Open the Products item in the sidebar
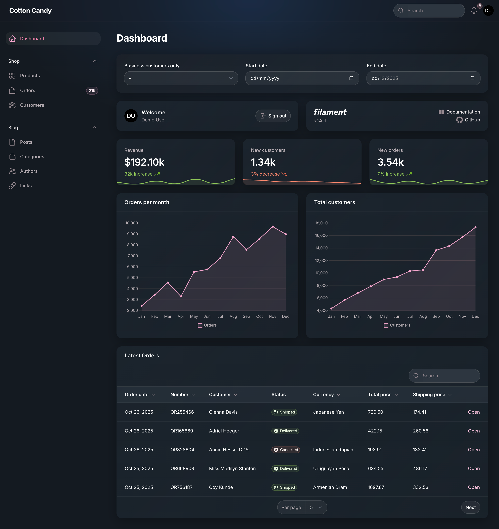pos(30,76)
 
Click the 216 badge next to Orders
pos(92,90)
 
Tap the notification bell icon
pos(474,11)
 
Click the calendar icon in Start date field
pos(351,78)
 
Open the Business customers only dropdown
pos(181,78)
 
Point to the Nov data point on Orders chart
pos(273,227)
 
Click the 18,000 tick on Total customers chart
pos(321,223)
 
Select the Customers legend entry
pos(397,325)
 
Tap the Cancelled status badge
pos(286,450)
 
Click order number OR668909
pos(182,469)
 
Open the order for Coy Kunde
pos(474,487)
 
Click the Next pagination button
pos(470,507)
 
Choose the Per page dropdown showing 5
pos(316,507)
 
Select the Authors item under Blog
pos(29,171)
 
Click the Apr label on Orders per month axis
pos(181,316)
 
